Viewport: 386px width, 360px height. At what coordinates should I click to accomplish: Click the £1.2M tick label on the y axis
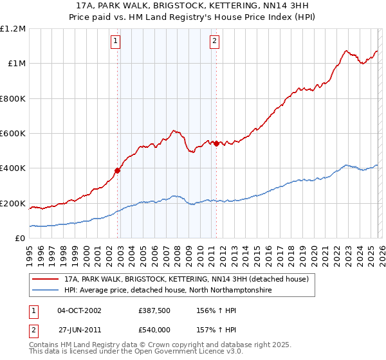click(x=13, y=28)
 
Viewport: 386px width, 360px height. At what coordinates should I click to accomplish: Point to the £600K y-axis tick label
click(x=13, y=134)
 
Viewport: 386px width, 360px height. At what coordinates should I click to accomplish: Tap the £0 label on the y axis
click(x=21, y=239)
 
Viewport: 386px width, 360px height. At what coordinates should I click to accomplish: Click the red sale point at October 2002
click(x=118, y=171)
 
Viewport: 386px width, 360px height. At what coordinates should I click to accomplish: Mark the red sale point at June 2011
click(x=216, y=143)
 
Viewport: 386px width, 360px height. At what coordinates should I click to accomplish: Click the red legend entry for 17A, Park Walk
click(x=187, y=280)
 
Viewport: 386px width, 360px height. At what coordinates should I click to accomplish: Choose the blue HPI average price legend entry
click(x=168, y=291)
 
